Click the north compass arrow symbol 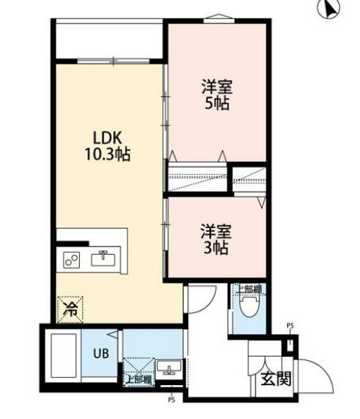(x=327, y=9)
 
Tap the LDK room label (x=107, y=137)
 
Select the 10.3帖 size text (x=107, y=154)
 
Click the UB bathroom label (x=101, y=353)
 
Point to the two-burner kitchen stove (x=71, y=260)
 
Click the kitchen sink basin (x=104, y=258)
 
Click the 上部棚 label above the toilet (x=248, y=288)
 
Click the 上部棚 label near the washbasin (x=138, y=379)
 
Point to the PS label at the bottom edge (x=171, y=399)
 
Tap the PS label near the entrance (x=289, y=326)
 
